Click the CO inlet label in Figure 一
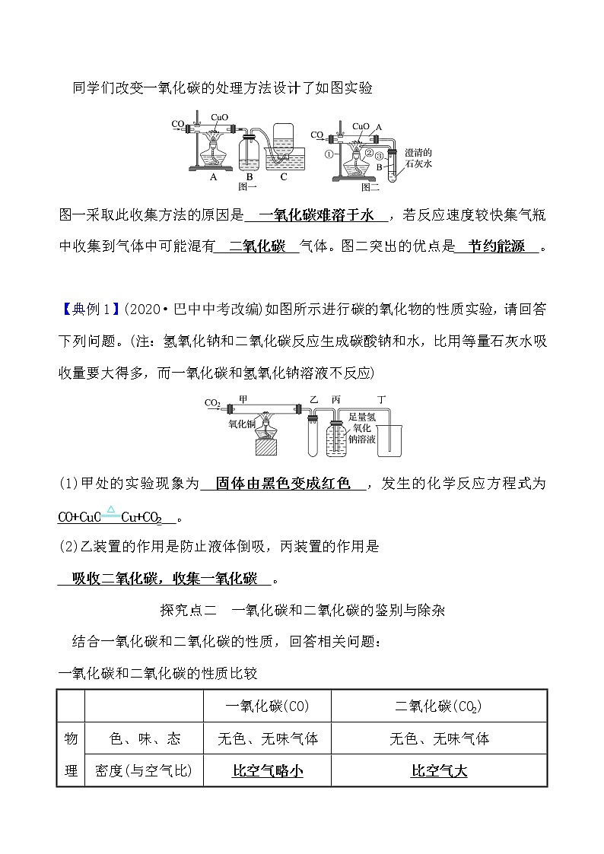tap(176, 123)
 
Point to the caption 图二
tap(370, 186)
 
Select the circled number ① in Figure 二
tap(329, 153)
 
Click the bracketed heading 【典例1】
tap(89, 309)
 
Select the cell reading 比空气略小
tap(267, 770)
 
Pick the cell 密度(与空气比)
tap(145, 770)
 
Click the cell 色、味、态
tap(145, 738)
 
